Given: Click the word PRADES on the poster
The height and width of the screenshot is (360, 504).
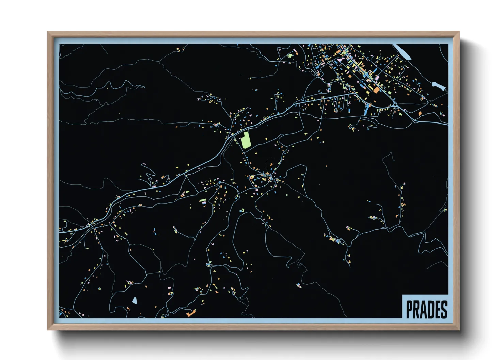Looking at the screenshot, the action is pos(426,310).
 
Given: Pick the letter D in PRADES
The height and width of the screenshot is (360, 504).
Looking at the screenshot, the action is pos(431,310).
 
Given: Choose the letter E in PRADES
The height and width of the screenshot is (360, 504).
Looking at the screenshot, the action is pos(438,310).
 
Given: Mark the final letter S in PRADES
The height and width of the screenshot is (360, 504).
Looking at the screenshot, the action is pos(444,310).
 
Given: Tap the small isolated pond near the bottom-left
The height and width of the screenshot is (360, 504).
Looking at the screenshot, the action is pos(135,300).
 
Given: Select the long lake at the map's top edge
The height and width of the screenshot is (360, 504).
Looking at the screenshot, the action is pos(403,51).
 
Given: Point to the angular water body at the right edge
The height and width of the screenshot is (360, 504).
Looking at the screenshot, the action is pos(439,85).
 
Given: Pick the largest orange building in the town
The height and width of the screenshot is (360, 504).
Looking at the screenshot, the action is pos(376,90).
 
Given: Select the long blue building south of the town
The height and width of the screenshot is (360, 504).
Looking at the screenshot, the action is pos(366,109).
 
